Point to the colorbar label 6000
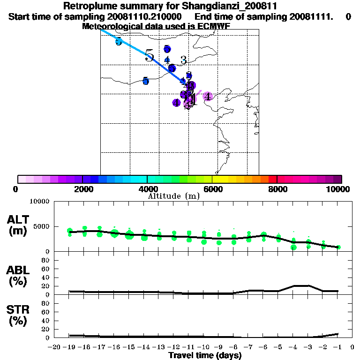point(212,189)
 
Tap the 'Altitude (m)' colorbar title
point(173,196)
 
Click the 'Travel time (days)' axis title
point(205,355)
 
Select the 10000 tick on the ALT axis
point(40,202)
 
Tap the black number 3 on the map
point(184,60)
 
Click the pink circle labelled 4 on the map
point(208,96)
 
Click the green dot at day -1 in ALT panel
point(338,247)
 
